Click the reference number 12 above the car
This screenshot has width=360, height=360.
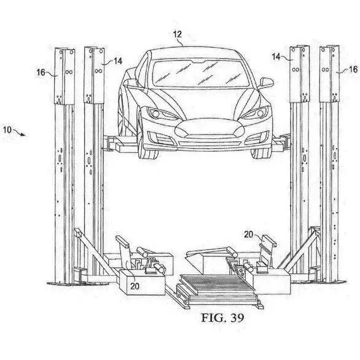178,34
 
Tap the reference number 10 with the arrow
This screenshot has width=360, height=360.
7,130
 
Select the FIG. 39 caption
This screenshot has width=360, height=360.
222,318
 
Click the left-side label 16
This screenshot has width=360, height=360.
41,72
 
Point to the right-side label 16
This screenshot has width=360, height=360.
353,69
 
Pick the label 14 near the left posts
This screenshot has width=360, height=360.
118,61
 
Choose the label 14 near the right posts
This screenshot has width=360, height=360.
276,57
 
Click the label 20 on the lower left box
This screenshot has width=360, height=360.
135,286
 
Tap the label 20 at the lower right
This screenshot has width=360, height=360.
248,235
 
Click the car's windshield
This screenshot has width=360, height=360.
200,73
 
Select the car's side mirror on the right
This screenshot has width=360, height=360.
267,82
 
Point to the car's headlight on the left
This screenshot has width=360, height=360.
161,113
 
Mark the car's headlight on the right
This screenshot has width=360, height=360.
256,112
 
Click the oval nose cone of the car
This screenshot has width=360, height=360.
209,128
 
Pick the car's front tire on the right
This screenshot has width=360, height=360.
261,154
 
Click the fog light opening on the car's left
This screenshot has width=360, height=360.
161,138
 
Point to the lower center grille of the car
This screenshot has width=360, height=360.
210,144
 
